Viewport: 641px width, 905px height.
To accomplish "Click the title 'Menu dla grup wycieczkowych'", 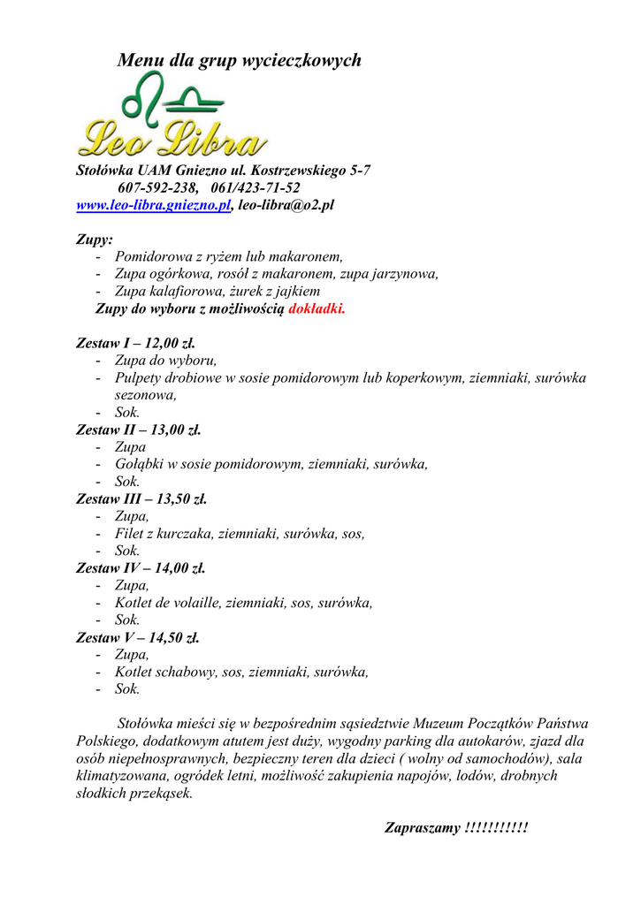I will pyautogui.click(x=239, y=61).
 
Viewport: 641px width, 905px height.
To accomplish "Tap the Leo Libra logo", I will pyautogui.click(x=172, y=117).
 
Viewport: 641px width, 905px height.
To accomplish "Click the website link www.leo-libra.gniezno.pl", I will pyautogui.click(x=154, y=205).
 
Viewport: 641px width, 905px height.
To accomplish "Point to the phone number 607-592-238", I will pyautogui.click(x=157, y=187).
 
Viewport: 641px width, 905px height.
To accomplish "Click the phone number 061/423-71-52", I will pyautogui.click(x=256, y=187).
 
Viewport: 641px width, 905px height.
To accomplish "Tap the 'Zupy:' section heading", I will pyautogui.click(x=95, y=240).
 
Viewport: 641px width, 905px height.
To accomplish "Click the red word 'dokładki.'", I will pyautogui.click(x=317, y=308).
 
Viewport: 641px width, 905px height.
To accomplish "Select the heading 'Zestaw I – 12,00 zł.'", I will pyautogui.click(x=135, y=343).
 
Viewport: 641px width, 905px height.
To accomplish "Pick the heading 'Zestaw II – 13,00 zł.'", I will pyautogui.click(x=139, y=430).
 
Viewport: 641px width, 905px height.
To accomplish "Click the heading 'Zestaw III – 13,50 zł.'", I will pyautogui.click(x=141, y=499).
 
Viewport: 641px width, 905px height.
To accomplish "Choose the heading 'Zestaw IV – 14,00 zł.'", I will pyautogui.click(x=141, y=568).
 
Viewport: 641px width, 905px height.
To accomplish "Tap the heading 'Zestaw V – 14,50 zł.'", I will pyautogui.click(x=138, y=637).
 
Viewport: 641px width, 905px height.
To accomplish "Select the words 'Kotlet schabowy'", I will pyautogui.click(x=166, y=672).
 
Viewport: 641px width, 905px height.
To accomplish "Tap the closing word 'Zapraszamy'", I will pyautogui.click(x=422, y=828).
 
